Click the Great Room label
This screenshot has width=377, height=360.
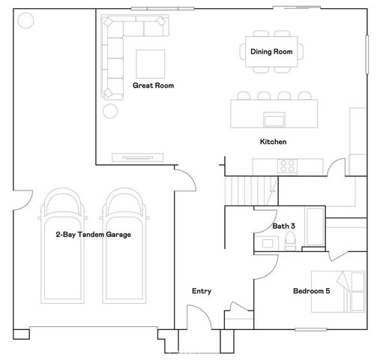pos(153,85)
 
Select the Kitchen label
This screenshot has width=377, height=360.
pos(273,142)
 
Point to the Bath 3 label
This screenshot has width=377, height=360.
pos(283,226)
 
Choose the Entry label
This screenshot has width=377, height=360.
pos(202,291)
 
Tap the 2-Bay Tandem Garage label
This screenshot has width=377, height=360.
pos(93,235)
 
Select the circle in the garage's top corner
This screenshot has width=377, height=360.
pos(24,21)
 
